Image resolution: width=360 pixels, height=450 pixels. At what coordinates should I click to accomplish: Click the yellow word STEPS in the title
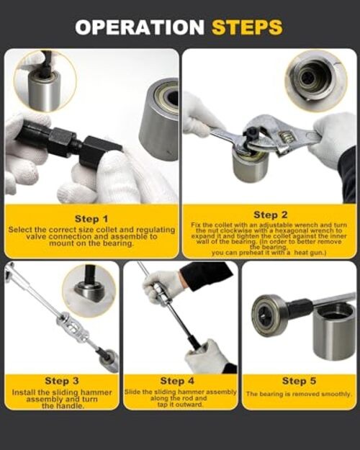coord(247,27)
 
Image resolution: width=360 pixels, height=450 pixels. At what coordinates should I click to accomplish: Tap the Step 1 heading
coord(91,218)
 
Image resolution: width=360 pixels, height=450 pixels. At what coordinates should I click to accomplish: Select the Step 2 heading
coord(271,215)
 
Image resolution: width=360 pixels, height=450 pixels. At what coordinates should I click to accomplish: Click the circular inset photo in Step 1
coord(45,80)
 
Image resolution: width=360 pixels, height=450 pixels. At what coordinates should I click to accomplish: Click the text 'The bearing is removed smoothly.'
coord(299,395)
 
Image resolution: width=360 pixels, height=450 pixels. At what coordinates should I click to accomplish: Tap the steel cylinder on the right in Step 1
coord(160,119)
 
